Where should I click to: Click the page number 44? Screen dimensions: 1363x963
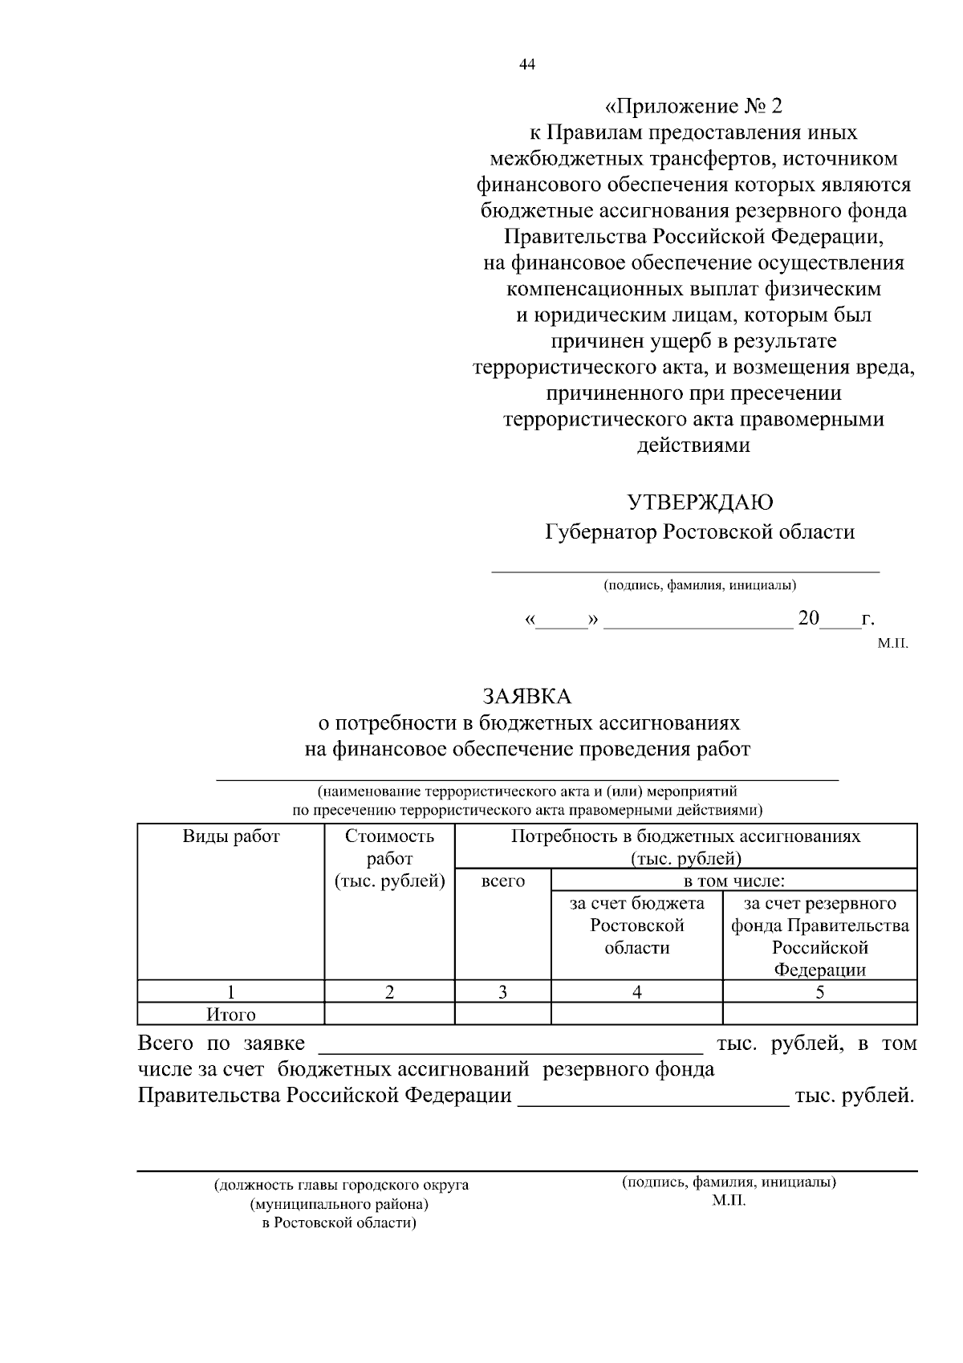(527, 65)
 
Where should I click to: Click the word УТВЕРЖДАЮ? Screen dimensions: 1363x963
(700, 502)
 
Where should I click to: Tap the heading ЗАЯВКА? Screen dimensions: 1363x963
(526, 695)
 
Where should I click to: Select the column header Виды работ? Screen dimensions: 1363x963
(231, 836)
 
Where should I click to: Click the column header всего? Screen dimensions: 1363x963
(502, 881)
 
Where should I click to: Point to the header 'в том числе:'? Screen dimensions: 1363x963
(733, 881)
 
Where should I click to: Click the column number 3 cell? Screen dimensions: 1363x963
(502, 992)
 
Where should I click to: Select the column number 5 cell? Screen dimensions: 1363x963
(819, 992)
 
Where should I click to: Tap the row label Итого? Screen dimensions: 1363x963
(231, 1015)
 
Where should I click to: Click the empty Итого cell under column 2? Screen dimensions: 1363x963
(389, 1015)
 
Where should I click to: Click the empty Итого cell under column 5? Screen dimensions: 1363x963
(819, 1015)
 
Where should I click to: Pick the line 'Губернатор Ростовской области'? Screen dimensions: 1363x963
(700, 532)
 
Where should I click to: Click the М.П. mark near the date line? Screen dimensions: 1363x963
(892, 644)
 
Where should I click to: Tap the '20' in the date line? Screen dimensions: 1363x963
(808, 619)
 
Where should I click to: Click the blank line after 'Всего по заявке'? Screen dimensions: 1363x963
(511, 1045)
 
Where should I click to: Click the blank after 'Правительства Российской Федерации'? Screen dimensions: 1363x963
(653, 1097)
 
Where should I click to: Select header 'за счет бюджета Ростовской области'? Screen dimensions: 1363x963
(636, 926)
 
